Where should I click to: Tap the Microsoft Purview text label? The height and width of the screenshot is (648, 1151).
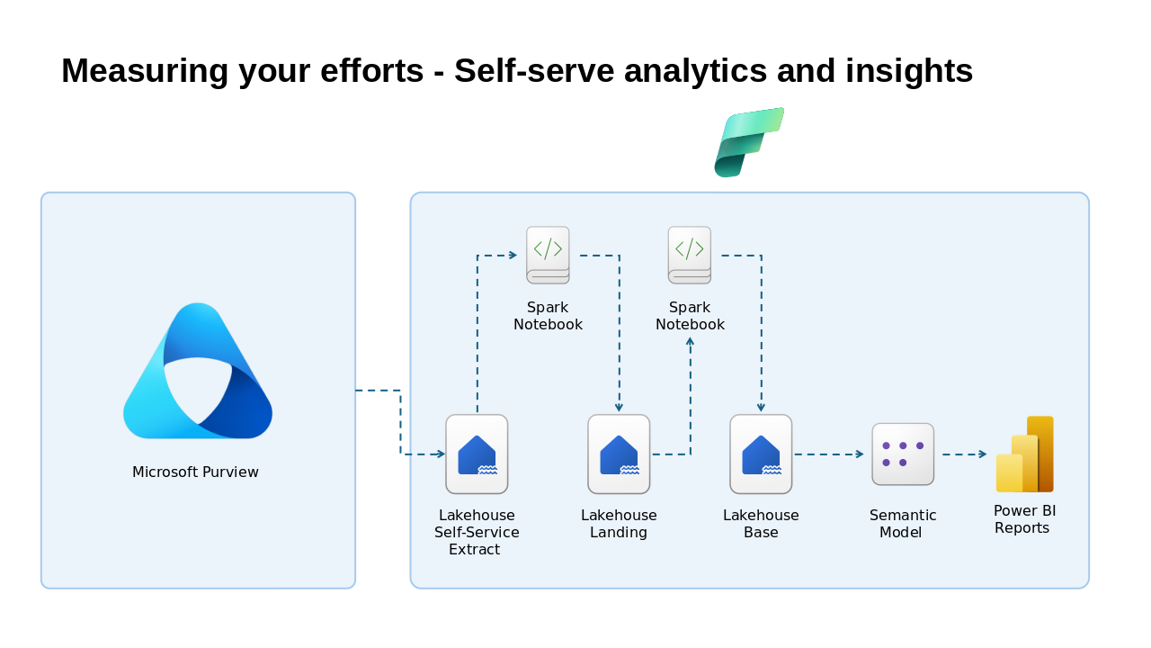click(195, 472)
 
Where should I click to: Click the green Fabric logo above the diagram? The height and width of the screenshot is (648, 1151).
click(748, 142)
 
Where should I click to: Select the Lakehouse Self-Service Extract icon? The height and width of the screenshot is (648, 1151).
click(477, 454)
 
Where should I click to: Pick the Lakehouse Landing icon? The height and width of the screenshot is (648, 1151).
click(619, 454)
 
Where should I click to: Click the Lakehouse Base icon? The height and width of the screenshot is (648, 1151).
click(761, 454)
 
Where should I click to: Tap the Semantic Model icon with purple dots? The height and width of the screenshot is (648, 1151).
click(903, 454)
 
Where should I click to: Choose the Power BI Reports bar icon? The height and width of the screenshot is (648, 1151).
click(1024, 454)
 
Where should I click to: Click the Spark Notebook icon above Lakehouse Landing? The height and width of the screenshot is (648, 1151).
click(548, 255)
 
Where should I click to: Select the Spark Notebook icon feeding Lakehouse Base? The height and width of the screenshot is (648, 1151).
click(690, 255)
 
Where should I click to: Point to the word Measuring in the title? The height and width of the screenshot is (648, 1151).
click(145, 71)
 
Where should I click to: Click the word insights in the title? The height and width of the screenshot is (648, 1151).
click(909, 71)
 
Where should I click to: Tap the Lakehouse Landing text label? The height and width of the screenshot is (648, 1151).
click(619, 524)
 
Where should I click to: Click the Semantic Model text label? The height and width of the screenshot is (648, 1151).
click(903, 524)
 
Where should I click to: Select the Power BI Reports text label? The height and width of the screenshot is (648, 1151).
click(1024, 519)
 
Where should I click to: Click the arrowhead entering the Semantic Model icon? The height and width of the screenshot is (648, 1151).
click(860, 454)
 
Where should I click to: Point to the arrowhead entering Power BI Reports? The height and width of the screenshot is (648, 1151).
click(983, 454)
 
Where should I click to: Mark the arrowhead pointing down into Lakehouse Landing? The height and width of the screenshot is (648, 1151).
click(619, 408)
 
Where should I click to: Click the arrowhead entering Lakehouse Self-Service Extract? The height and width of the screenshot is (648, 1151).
click(441, 454)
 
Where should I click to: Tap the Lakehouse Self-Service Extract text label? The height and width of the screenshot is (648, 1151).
click(477, 532)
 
